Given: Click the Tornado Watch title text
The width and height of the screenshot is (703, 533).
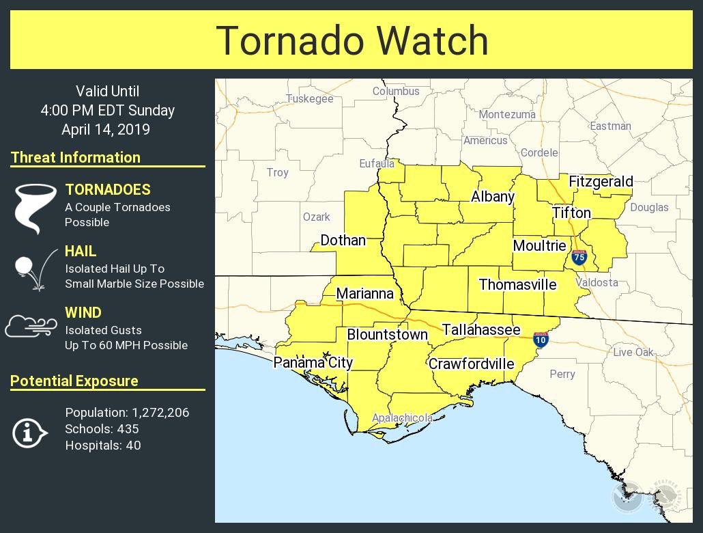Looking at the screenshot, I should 351,40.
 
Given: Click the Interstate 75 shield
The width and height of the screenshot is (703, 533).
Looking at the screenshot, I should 579,257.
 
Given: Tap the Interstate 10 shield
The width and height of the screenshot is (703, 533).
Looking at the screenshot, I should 541,339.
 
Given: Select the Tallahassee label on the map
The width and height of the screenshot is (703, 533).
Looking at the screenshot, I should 481,330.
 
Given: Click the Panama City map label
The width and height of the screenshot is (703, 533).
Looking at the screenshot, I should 313,362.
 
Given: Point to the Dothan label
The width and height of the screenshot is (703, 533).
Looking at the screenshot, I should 343,240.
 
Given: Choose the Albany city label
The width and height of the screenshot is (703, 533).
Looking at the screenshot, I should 492,197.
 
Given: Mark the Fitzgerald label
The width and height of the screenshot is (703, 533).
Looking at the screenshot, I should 601,182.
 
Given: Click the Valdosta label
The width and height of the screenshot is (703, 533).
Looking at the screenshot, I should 597,282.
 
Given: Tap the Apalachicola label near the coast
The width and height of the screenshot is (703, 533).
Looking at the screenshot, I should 402,418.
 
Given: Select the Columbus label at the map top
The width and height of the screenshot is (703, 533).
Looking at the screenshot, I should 396,91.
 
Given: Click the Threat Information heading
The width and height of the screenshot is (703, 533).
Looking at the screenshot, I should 76,157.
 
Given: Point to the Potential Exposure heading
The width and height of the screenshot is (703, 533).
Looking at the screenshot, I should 74,381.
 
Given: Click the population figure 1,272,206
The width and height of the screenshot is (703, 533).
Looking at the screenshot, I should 160,413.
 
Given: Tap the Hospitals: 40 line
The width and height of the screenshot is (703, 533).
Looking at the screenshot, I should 103,446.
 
